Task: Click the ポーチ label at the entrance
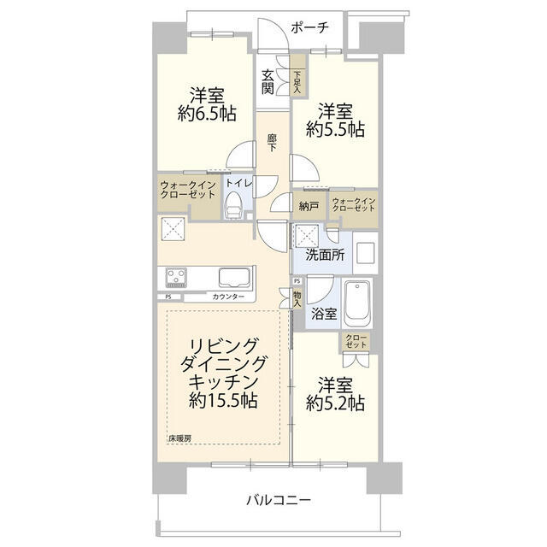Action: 309,27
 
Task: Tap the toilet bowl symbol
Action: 233,205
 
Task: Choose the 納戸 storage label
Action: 309,206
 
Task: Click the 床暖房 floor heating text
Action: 179,438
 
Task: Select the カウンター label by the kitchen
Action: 227,297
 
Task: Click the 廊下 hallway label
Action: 271,142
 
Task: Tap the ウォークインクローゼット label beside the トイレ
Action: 187,188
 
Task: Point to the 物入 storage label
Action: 297,297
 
